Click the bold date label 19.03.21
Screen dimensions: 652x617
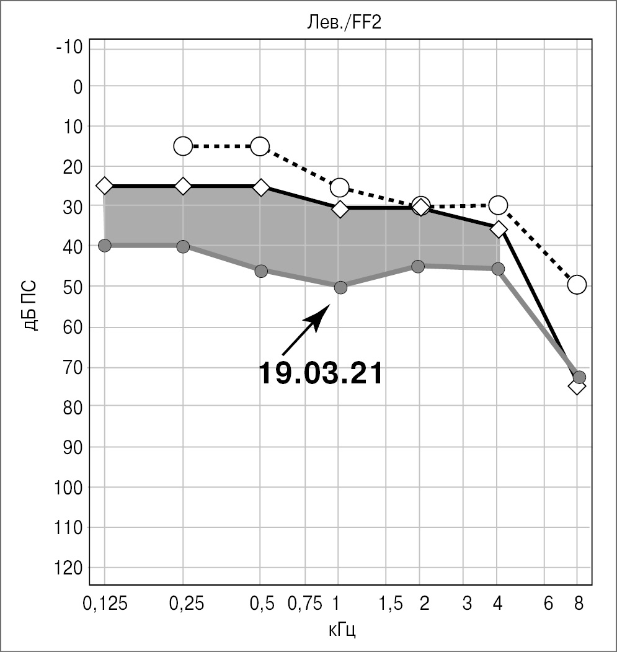point(320,373)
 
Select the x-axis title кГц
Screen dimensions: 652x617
point(343,631)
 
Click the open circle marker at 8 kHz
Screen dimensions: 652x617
point(577,285)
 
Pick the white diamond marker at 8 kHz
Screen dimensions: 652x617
point(577,386)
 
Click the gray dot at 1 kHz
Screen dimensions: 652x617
point(340,287)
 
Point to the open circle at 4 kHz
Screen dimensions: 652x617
point(498,205)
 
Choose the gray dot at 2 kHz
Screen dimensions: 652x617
point(419,266)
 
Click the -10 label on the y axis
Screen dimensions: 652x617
point(69,47)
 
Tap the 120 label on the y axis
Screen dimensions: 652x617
point(69,568)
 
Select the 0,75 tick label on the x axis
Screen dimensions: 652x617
point(306,604)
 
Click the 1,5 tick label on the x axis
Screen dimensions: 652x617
point(391,604)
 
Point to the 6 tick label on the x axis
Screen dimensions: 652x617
point(548,604)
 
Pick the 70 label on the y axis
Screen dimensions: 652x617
point(73,367)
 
